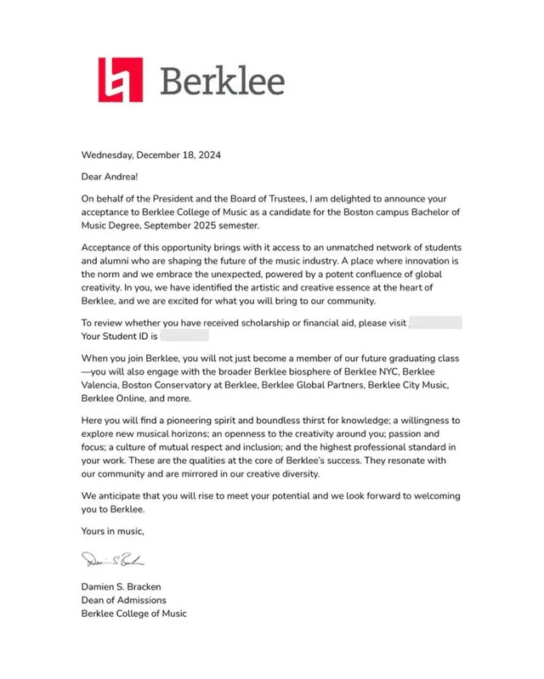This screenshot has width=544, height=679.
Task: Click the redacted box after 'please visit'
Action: (435, 324)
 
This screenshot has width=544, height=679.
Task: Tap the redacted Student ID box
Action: (185, 337)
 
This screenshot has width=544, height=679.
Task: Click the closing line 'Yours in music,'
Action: (113, 532)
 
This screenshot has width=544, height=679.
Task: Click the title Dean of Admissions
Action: (125, 600)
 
